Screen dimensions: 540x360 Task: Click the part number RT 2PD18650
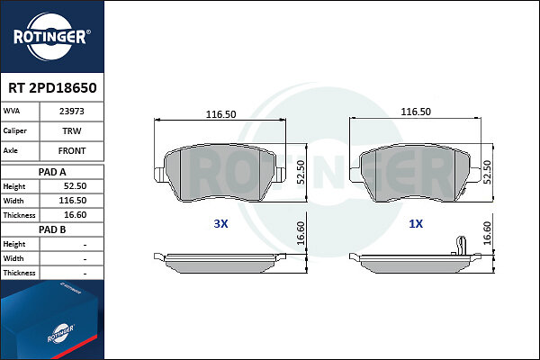click(x=52, y=88)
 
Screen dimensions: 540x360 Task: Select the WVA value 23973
click(x=72, y=112)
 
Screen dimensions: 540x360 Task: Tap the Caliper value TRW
click(x=72, y=130)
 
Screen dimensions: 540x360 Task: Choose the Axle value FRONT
click(x=72, y=151)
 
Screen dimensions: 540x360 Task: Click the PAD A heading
click(x=52, y=172)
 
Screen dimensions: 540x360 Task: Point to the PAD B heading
click(x=52, y=229)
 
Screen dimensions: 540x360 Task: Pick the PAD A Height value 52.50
click(x=75, y=186)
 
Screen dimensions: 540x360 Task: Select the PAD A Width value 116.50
click(x=73, y=201)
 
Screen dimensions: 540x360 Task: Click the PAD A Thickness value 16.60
click(x=75, y=215)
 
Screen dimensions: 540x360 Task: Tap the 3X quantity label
click(x=220, y=223)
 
